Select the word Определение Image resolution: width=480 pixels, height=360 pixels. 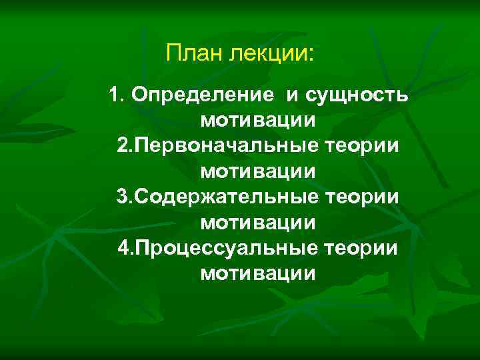coord(202,96)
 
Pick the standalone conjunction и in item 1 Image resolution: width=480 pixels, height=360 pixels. coord(293,96)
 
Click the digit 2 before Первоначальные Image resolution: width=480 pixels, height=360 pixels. coord(121,146)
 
